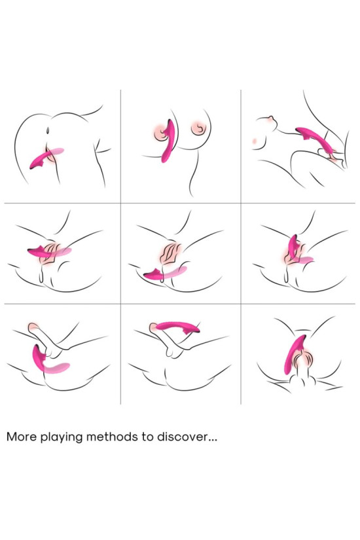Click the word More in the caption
click(x=21, y=437)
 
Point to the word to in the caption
click(x=145, y=437)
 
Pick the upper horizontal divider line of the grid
click(x=180, y=203)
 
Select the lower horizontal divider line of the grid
click(x=180, y=304)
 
